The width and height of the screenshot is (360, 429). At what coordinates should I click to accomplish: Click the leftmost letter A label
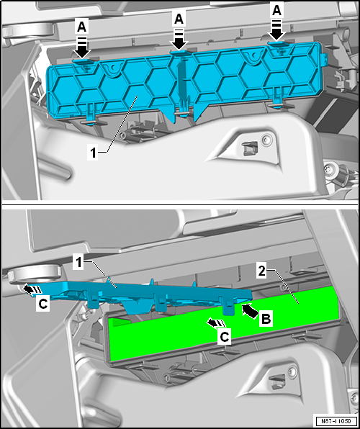coord(81,27)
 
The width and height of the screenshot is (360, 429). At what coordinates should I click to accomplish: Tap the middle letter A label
coord(179,19)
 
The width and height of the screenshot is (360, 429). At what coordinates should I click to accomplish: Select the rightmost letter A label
coord(276,12)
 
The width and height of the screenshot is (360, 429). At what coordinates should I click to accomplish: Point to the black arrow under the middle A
coord(179,39)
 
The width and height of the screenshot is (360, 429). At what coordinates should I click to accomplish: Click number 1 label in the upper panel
coord(94,153)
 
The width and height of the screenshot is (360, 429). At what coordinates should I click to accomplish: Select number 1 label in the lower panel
coord(78,263)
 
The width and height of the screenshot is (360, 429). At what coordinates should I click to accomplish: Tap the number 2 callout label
coord(262,272)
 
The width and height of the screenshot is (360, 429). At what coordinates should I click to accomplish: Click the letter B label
coord(265,320)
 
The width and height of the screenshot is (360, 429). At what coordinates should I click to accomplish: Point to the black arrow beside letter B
coord(251,310)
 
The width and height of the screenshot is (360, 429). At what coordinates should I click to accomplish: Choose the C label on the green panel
coord(224,337)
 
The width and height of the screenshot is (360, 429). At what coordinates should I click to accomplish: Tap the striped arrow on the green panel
coord(216,323)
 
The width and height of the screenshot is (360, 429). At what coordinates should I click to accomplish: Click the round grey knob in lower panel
coord(34,274)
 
